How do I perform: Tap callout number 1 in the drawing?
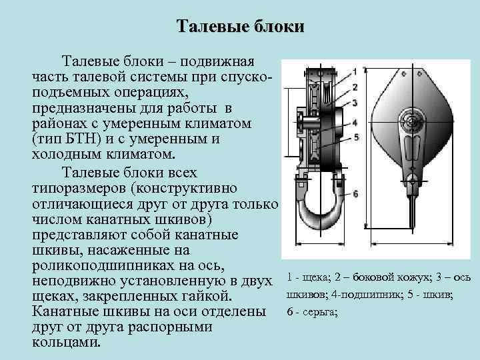(355, 71)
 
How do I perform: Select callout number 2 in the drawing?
(355, 87)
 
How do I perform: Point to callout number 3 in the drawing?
(355, 102)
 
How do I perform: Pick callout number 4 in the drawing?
(355, 123)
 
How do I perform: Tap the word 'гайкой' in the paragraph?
(205, 296)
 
